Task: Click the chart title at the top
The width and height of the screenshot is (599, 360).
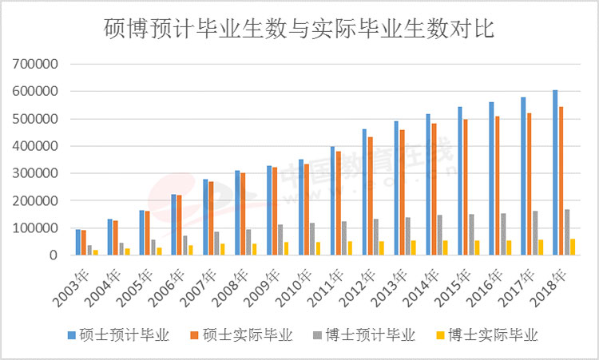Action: click(299, 30)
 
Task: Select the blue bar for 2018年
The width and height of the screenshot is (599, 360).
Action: click(555, 172)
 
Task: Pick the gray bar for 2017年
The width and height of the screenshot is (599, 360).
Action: click(536, 233)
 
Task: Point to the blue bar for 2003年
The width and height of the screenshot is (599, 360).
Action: click(77, 242)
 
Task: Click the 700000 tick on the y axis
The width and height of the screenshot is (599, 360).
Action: click(34, 64)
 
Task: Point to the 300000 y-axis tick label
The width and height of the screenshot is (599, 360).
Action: click(34, 173)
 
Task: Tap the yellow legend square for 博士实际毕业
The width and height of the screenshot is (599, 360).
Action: click(440, 335)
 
